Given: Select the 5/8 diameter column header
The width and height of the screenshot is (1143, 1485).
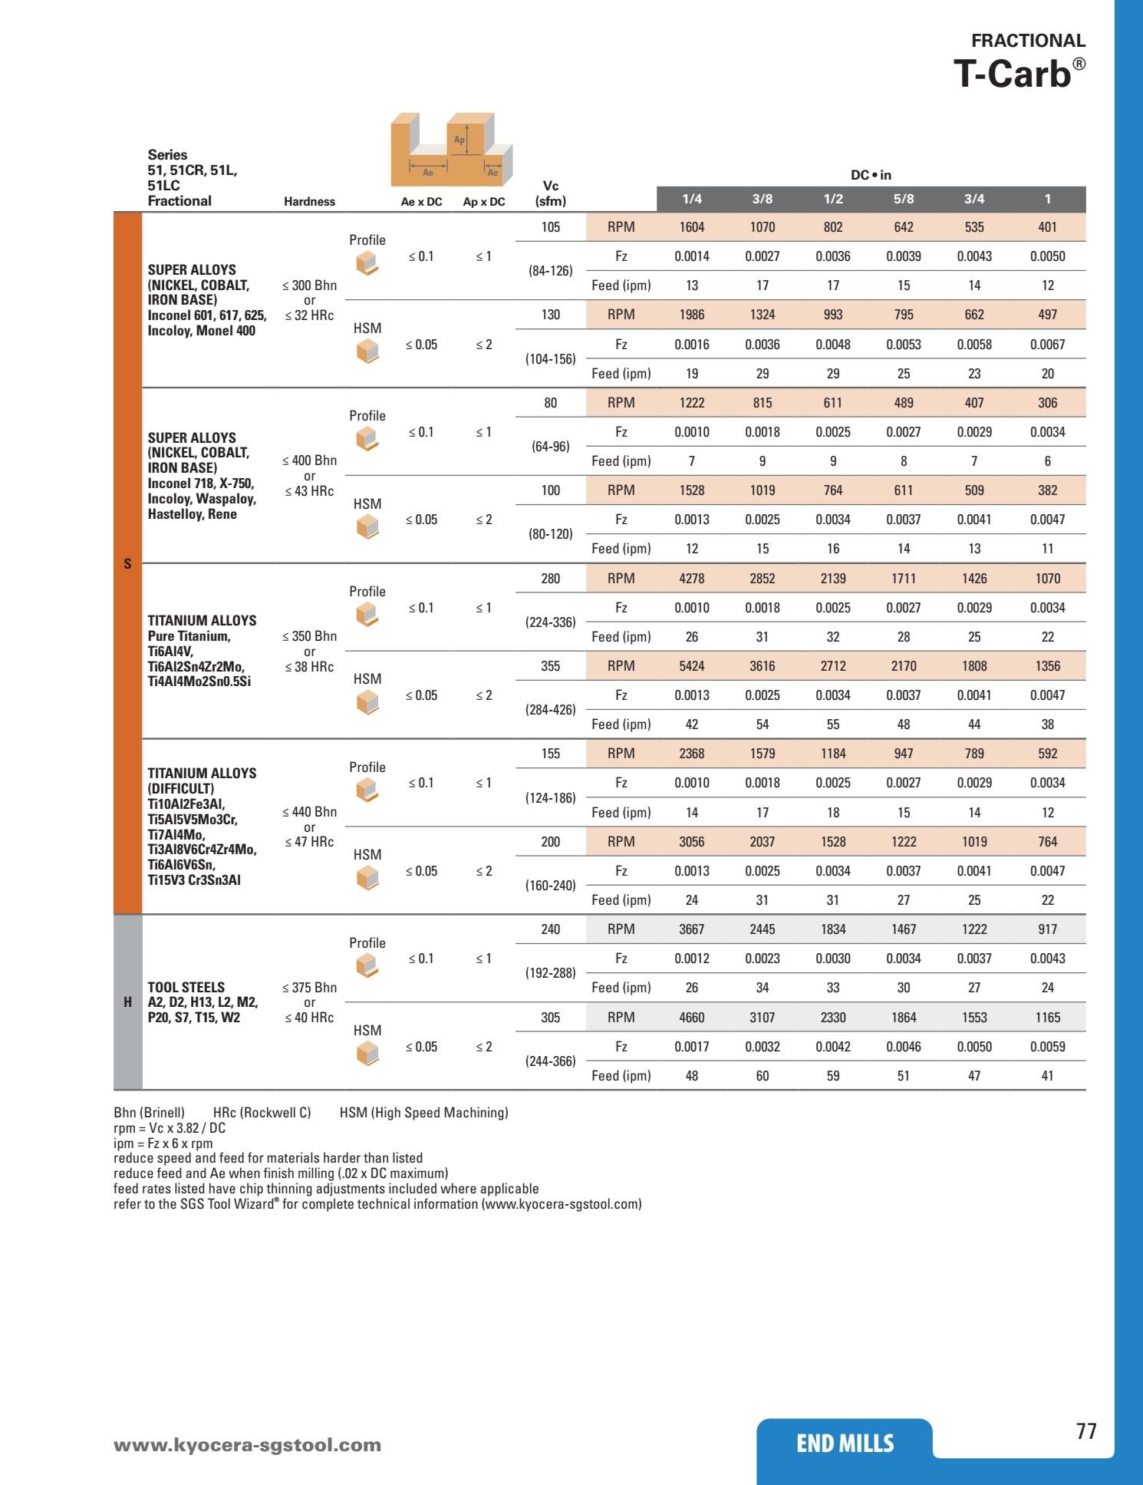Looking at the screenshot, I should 904,199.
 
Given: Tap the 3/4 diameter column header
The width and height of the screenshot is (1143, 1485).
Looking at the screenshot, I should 974,199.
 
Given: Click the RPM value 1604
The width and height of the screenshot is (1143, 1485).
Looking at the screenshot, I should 691,227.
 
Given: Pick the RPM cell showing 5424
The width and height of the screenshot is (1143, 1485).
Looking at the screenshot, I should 691,666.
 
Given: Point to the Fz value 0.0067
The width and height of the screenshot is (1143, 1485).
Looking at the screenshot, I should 1047,345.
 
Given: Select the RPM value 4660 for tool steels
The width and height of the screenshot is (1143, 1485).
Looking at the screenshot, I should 691,1018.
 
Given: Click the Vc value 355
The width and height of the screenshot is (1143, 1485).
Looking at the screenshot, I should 550,666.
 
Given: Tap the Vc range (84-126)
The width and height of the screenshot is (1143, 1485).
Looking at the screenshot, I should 550,271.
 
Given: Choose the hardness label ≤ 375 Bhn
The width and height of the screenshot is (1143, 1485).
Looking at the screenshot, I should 309,988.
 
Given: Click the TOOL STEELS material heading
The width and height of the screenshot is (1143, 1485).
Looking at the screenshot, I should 186,988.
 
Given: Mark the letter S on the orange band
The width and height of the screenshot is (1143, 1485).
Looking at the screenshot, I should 127,564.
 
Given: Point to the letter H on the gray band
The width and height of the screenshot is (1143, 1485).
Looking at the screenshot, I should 127,1002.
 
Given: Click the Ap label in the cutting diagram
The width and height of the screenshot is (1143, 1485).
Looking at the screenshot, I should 459,140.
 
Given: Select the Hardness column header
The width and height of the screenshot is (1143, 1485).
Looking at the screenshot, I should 309,202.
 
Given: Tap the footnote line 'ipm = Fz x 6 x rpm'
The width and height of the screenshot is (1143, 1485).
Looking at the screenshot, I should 163,1143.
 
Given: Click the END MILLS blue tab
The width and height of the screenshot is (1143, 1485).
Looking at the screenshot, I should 845,1444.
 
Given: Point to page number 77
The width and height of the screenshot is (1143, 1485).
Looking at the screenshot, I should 1086,1431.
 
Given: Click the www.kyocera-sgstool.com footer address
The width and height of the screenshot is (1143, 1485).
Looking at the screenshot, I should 247,1445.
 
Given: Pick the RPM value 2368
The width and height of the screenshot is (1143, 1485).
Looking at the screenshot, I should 691,754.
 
